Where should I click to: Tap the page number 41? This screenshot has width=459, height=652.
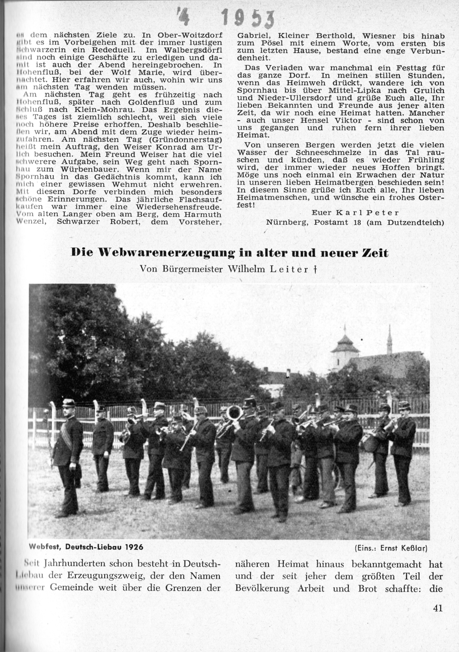point(437,608)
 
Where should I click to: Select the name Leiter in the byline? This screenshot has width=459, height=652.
point(291,269)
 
